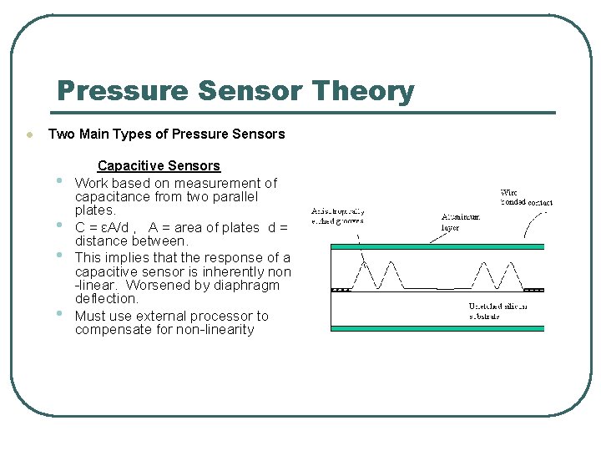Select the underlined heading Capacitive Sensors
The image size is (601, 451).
pos(159,166)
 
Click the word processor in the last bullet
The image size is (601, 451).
pos(233,316)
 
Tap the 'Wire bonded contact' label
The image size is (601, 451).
pos(526,197)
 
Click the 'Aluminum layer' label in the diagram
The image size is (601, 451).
pos(461,221)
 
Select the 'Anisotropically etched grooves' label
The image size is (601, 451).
pos(338,216)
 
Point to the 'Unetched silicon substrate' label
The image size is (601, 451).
pos(497,312)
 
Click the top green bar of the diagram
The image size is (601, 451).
pos(437,246)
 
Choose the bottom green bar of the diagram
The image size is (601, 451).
pos(437,328)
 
